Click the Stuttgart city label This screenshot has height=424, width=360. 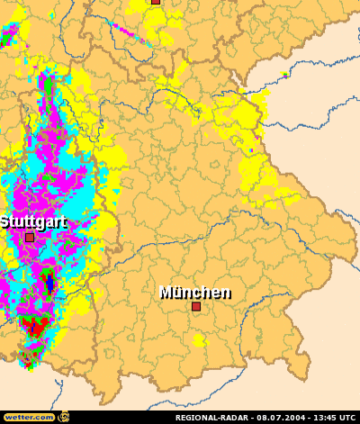pyautogui.click(x=33, y=221)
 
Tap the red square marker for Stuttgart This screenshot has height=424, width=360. pyautogui.click(x=30, y=237)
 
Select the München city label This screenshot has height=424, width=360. pyautogui.click(x=194, y=292)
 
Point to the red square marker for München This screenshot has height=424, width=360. pyautogui.click(x=195, y=306)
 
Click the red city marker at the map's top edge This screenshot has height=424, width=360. pyautogui.click(x=155, y=2)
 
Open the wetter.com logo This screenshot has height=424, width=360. pyautogui.click(x=29, y=417)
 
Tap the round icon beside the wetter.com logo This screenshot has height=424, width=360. pyautogui.click(x=63, y=417)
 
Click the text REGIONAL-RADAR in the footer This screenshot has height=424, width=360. pyautogui.click(x=213, y=418)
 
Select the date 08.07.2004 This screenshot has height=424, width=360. pyautogui.click(x=283, y=418)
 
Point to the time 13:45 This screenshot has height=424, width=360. pyautogui.click(x=324, y=418)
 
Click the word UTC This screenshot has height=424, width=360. pyautogui.click(x=348, y=418)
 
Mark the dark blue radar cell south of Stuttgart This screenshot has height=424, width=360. pyautogui.click(x=49, y=284)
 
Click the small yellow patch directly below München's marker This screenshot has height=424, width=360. pyautogui.click(x=200, y=340)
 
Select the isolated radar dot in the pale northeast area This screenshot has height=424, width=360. pyautogui.click(x=284, y=74)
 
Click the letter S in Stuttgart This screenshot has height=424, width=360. pyautogui.click(x=4, y=221)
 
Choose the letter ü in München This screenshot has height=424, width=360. pyautogui.click(x=179, y=292)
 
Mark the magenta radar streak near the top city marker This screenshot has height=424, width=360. pyautogui.click(x=135, y=31)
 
